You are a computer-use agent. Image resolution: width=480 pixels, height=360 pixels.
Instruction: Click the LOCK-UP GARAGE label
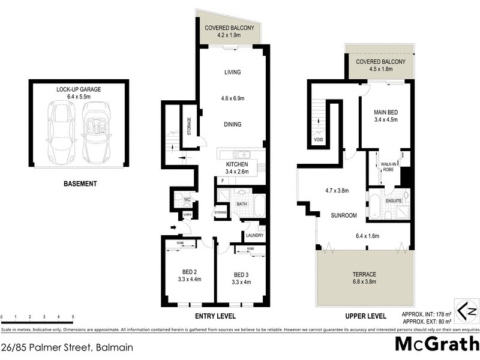(78, 89)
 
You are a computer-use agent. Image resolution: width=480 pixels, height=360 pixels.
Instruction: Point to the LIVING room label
(232, 73)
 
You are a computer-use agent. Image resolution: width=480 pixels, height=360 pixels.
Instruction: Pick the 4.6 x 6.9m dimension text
(232, 98)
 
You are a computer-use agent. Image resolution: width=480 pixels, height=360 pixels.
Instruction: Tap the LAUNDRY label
(254, 235)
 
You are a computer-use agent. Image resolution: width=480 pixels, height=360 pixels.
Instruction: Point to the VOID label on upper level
(319, 140)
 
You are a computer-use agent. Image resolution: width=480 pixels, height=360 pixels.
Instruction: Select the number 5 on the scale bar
(73, 316)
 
